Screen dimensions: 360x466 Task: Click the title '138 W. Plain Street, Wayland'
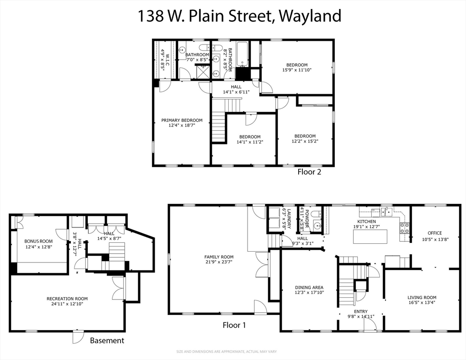click(239, 16)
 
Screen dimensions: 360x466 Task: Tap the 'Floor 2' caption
click(309, 172)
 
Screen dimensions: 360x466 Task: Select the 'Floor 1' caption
click(234, 325)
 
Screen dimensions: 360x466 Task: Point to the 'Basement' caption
click(107, 340)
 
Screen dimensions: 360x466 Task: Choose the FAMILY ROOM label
click(218, 257)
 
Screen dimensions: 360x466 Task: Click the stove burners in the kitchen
click(404, 228)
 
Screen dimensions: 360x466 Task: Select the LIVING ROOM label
click(422, 297)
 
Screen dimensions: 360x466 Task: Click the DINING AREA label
click(309, 287)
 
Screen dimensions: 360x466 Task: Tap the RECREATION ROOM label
click(67, 299)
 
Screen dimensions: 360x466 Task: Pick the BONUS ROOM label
click(39, 241)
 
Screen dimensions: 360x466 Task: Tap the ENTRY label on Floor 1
click(361, 312)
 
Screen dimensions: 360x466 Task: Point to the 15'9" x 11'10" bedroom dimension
click(297, 70)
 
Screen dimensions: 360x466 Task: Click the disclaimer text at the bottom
click(233, 352)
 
